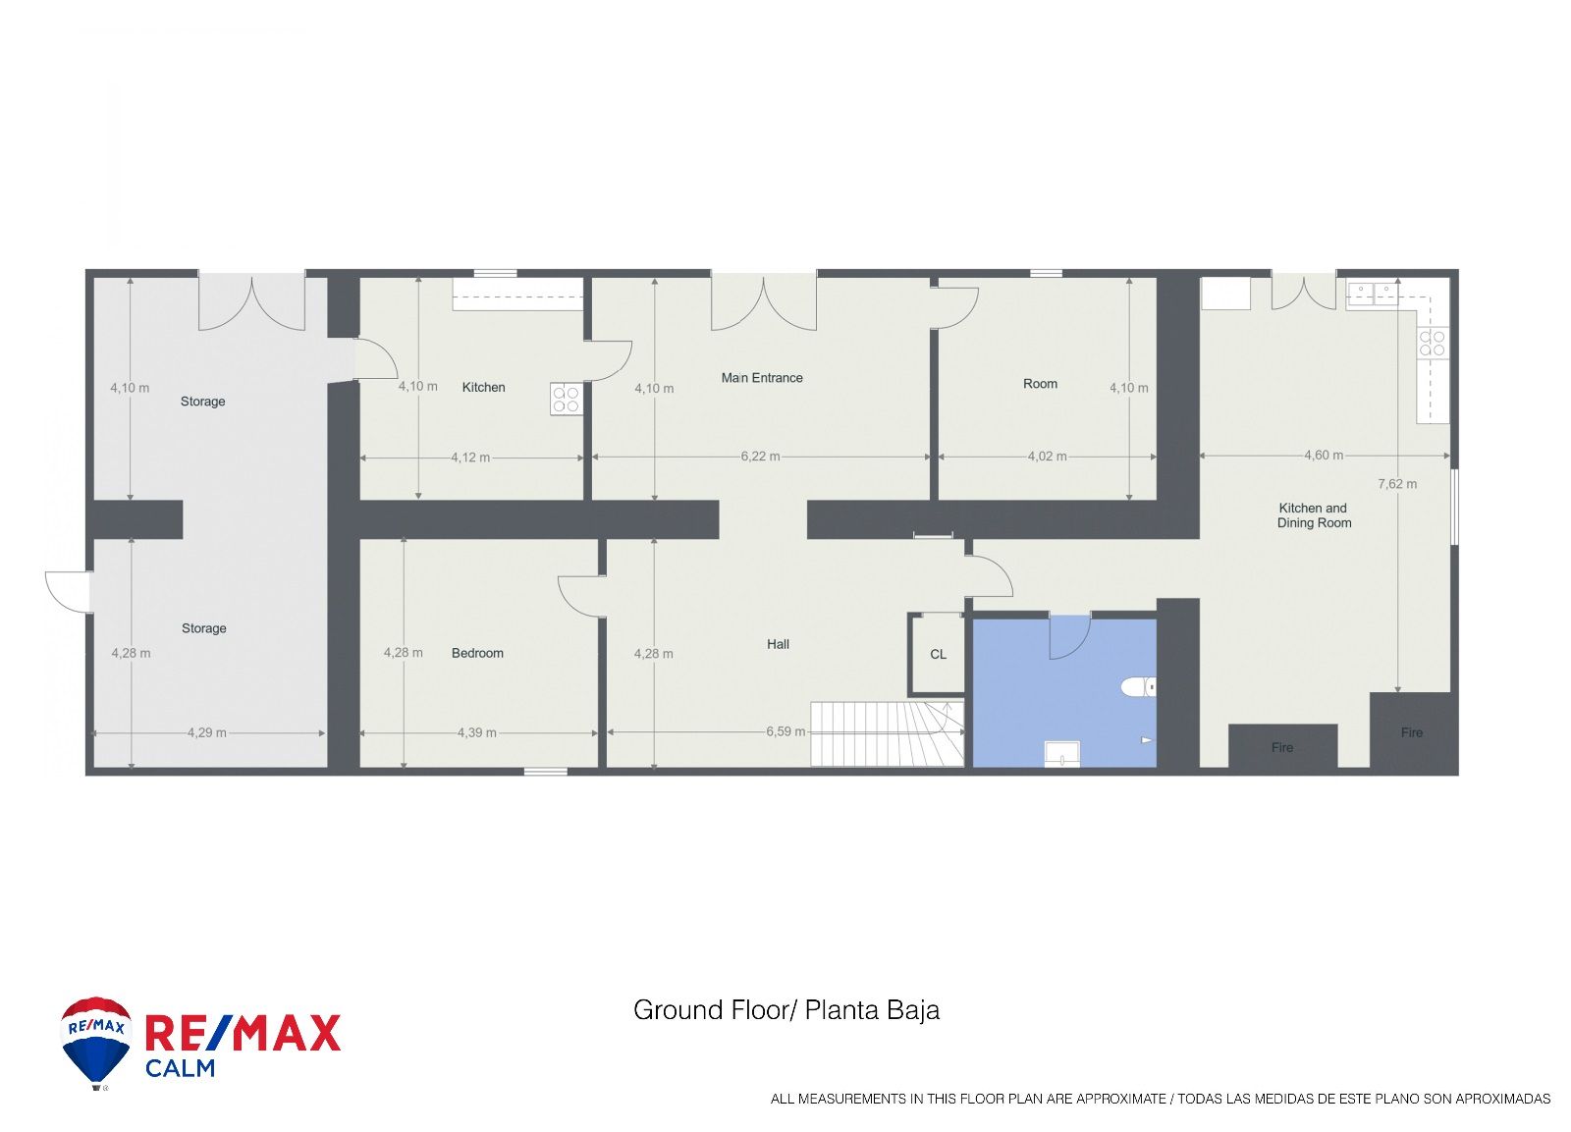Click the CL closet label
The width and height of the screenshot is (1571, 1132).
pos(939,655)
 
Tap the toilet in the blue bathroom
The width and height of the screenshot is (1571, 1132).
pos(1138,686)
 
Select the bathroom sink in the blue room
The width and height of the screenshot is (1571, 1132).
pos(1062,754)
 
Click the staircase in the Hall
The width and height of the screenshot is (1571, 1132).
pos(888,733)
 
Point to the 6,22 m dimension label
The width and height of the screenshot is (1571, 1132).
pos(761,457)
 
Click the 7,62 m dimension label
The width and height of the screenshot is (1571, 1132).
pos(1398,484)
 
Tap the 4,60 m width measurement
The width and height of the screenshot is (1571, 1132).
pos(1325,456)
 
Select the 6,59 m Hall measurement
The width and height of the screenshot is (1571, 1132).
pos(786,731)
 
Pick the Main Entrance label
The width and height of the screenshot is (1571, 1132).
pos(762,378)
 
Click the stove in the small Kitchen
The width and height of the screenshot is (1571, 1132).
pos(566,399)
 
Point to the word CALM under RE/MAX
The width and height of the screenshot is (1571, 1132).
pos(181,1068)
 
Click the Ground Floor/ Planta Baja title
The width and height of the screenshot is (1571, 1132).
pos(786,1010)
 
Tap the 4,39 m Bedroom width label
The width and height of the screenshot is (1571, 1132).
pos(477,733)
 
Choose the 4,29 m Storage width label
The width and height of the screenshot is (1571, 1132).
pos(207,733)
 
